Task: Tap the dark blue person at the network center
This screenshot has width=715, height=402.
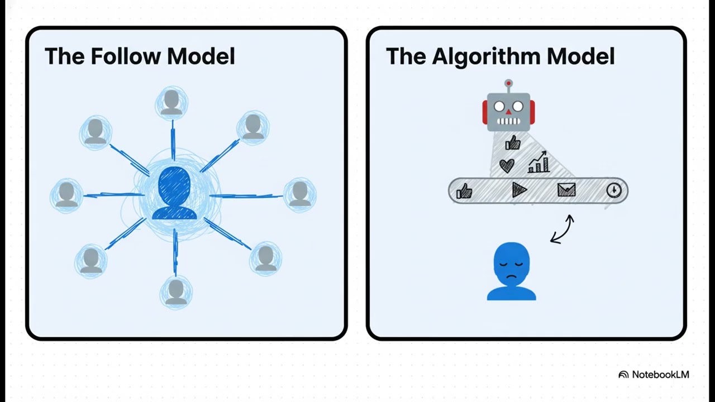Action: click(x=174, y=193)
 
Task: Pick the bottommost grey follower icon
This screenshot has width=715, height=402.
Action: click(x=176, y=292)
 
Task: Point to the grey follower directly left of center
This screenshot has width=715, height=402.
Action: click(x=67, y=194)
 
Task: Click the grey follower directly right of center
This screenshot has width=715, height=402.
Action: click(x=300, y=193)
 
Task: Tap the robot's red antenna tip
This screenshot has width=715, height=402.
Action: click(x=508, y=84)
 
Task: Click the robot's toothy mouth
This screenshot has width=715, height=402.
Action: click(x=508, y=121)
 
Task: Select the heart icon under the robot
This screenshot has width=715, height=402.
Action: click(x=507, y=165)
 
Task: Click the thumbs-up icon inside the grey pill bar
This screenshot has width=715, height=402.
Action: click(x=464, y=192)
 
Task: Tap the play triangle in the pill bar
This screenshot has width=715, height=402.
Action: click(x=519, y=191)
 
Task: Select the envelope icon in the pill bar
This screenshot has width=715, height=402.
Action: click(x=566, y=191)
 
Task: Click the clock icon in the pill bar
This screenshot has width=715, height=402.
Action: click(x=613, y=190)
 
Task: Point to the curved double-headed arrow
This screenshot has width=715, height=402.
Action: click(x=563, y=229)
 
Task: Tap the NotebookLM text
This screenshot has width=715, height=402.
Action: click(x=660, y=374)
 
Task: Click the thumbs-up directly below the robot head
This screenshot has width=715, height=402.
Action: click(x=513, y=143)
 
